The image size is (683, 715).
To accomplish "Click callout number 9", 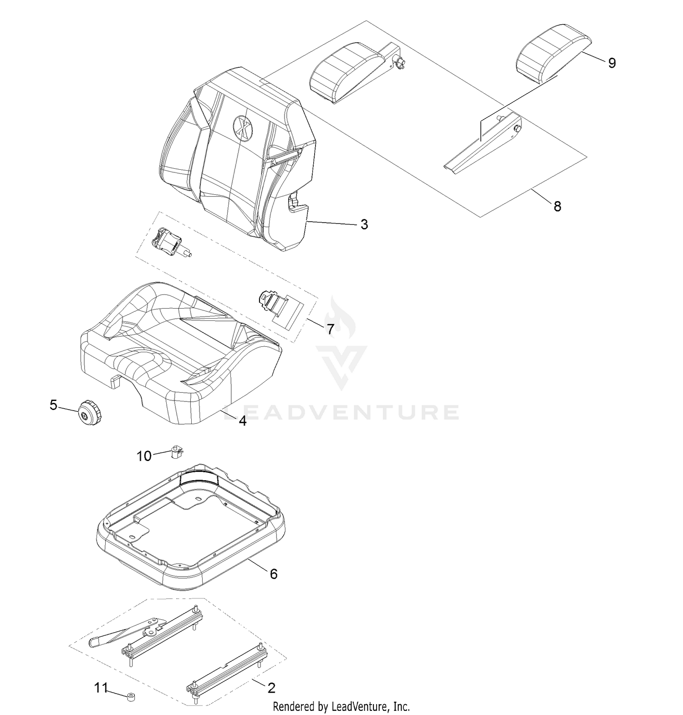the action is pyautogui.click(x=612, y=63).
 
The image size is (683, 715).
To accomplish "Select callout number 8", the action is pyautogui.click(x=557, y=206).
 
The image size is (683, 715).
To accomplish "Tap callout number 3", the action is pyautogui.click(x=364, y=224).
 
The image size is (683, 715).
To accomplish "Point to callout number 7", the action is pyautogui.click(x=330, y=329).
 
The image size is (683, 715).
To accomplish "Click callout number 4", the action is pyautogui.click(x=243, y=421).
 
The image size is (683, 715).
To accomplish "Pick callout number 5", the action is pyautogui.click(x=54, y=405).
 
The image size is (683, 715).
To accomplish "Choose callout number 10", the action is pyautogui.click(x=144, y=456).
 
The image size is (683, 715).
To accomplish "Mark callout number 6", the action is pyautogui.click(x=273, y=574).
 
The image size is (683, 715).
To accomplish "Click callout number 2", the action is pyautogui.click(x=271, y=688).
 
